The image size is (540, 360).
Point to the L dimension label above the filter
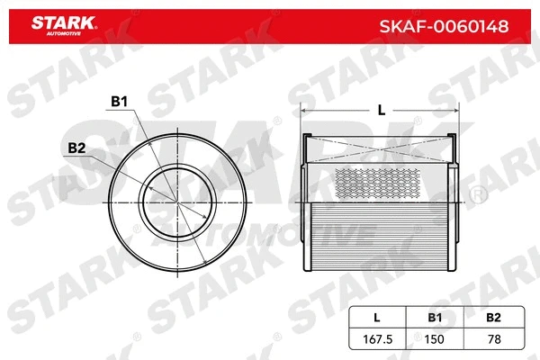pyautogui.click(x=382, y=110)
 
